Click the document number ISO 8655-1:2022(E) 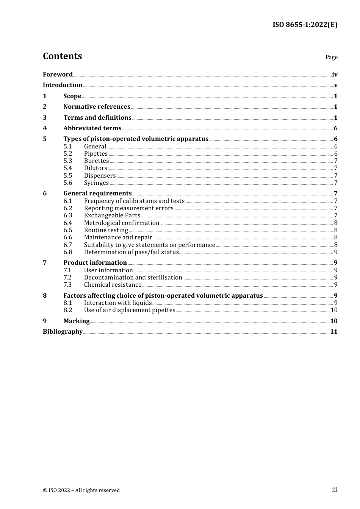(x=305, y=25)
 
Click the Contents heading (x=62, y=56)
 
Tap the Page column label (x=331, y=57)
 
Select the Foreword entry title (x=58, y=74)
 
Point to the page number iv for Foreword (x=335, y=75)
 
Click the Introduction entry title (x=62, y=85)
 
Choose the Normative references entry (x=97, y=107)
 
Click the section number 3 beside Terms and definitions (x=45, y=118)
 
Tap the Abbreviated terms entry (x=92, y=128)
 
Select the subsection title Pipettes (x=96, y=154)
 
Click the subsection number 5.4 (x=68, y=168)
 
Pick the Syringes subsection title (x=96, y=183)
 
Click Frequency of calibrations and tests (x=134, y=201)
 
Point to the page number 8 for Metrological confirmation (x=336, y=223)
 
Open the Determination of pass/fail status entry (x=131, y=252)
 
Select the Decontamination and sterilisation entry (x=133, y=278)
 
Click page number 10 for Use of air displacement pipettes (x=334, y=310)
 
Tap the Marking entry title (x=77, y=321)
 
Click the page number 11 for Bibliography (x=334, y=332)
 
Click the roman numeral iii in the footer (x=335, y=490)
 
